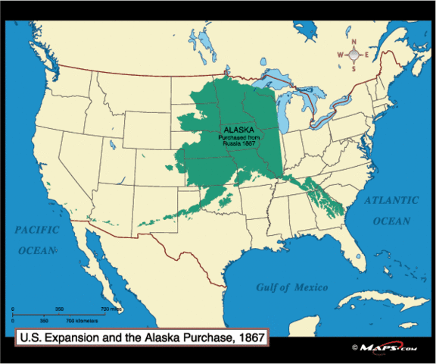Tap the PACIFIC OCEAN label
tap(35, 239)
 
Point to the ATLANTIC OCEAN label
tap(391, 211)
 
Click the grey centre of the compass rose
tap(353, 53)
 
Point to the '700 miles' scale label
tap(112, 309)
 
